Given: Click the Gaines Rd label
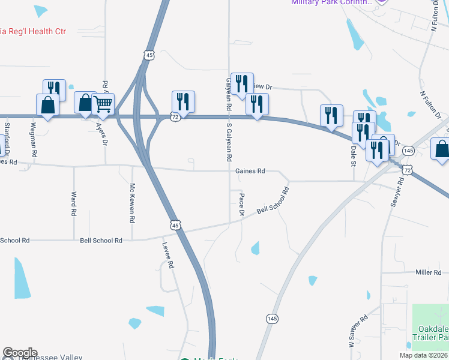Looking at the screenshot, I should click(250, 171).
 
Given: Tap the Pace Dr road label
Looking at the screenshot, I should click(242, 205).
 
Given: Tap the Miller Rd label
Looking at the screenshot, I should click(428, 272).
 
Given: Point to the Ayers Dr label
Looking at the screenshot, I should click(101, 134).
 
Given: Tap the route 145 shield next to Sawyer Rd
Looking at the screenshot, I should click(408, 150).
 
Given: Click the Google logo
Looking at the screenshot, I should click(20, 353).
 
